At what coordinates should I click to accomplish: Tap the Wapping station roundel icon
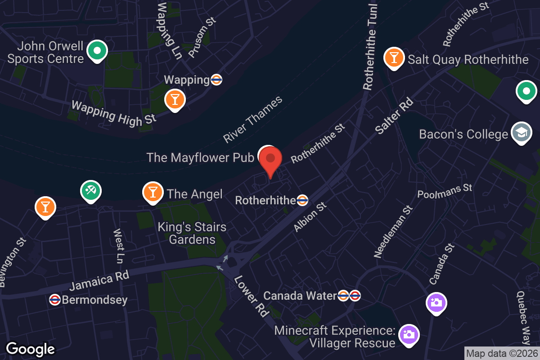point(216,80)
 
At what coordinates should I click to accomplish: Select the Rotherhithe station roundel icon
point(302,200)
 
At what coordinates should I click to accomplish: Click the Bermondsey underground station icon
point(55,300)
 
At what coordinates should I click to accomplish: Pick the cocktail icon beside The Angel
point(153,192)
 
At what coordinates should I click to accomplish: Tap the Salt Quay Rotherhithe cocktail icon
point(394,58)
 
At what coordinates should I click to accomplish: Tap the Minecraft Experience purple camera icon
point(409,334)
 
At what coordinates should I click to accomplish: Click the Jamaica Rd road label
point(99,280)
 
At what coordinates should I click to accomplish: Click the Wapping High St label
point(114,113)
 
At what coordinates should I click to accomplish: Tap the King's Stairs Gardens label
point(192,233)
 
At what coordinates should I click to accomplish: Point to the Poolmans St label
point(445,191)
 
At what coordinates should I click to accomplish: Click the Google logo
point(31,349)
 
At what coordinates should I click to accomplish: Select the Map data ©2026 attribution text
point(502,353)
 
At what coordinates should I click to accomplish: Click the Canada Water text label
point(300,296)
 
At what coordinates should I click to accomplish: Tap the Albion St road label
point(310,217)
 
